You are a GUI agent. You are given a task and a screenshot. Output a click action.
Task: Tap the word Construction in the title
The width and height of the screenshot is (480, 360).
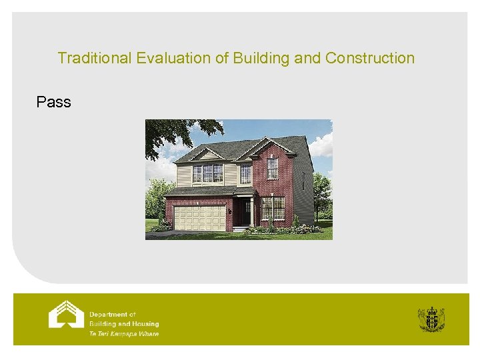pyautogui.click(x=369, y=59)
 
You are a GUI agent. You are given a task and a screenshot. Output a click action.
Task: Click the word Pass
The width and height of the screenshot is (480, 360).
pyautogui.click(x=54, y=102)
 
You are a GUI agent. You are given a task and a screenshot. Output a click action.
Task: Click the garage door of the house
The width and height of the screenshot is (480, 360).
pyautogui.click(x=199, y=217)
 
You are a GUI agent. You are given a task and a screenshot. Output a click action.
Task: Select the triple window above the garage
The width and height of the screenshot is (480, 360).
pyautogui.click(x=207, y=173)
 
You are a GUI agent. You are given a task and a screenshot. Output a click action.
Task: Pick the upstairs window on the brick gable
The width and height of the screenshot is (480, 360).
pyautogui.click(x=272, y=167)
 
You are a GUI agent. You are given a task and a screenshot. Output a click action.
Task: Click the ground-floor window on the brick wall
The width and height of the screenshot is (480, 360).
pyautogui.click(x=273, y=208)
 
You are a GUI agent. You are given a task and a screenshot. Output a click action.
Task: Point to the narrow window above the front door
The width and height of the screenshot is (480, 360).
pyautogui.click(x=245, y=173)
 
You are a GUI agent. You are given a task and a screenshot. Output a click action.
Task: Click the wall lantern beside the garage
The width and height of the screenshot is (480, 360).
pyautogui.click(x=229, y=211)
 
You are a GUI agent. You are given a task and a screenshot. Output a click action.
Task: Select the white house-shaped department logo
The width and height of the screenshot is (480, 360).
pyautogui.click(x=66, y=314)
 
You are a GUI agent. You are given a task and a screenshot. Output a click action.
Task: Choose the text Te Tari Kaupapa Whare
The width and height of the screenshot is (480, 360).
pyautogui.click(x=124, y=334)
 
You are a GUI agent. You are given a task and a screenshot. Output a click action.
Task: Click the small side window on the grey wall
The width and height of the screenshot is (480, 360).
pyautogui.click(x=304, y=179)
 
